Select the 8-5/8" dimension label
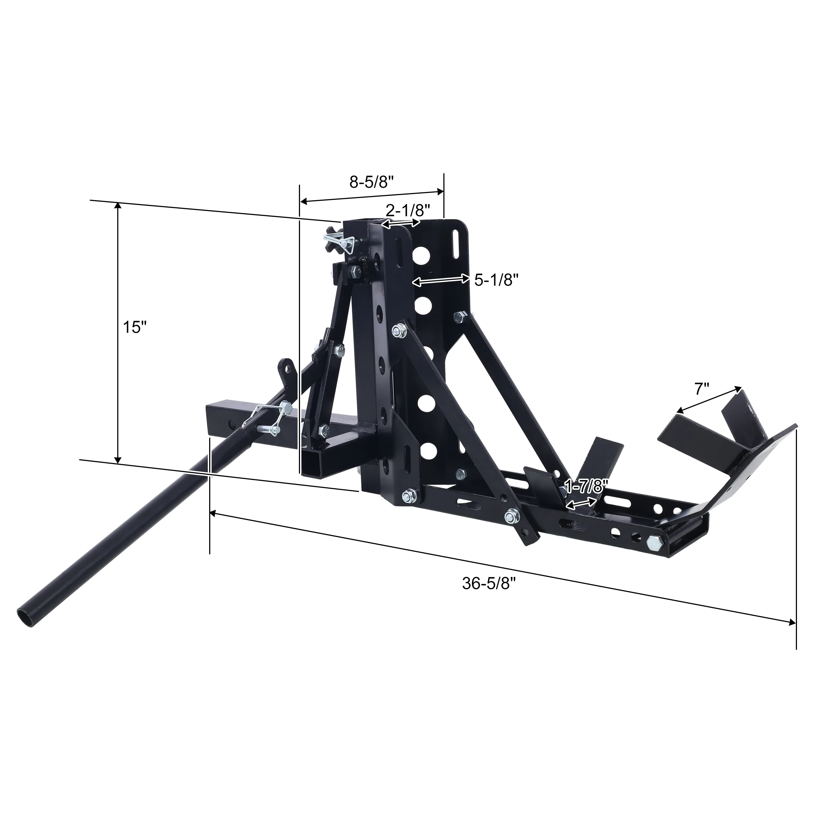[372, 182]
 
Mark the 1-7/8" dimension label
[585, 487]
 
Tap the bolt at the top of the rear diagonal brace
[460, 317]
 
